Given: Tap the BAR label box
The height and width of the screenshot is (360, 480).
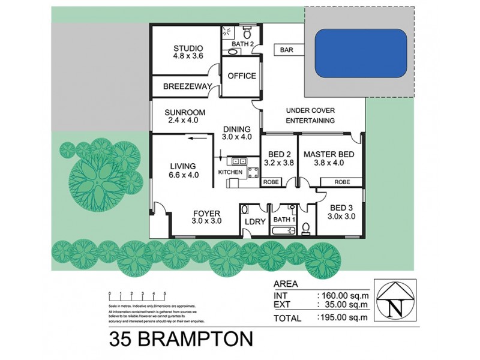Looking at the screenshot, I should tap(286, 51).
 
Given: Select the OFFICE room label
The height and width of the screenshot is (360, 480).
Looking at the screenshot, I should tap(242, 76).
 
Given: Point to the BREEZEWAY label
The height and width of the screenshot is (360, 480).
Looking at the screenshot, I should tap(187, 86).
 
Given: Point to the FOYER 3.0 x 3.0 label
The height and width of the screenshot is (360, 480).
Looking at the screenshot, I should tap(206, 217).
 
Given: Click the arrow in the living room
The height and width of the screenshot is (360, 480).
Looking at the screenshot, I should tap(193, 137).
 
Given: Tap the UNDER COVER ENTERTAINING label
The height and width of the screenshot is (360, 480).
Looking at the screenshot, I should tap(310, 115).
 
